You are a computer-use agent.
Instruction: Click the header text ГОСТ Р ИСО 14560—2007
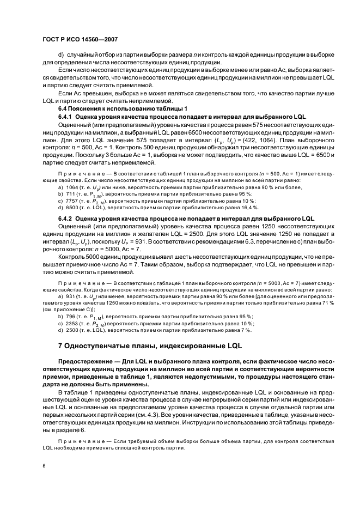(x=80, y=40)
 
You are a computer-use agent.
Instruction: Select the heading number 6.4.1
(x=65, y=117)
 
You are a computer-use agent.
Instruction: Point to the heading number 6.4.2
(x=65, y=218)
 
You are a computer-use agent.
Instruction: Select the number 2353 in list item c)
(x=73, y=323)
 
